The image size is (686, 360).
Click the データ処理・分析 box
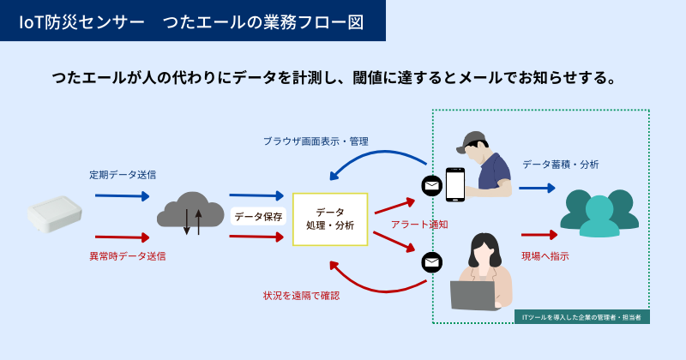[x=329, y=218]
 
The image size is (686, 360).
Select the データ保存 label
[x=258, y=217]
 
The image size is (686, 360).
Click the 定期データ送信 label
[x=123, y=175]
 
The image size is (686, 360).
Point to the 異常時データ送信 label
[x=128, y=255]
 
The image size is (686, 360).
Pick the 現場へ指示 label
[x=545, y=255]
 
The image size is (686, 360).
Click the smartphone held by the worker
[x=454, y=183]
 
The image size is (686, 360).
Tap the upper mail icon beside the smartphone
[x=430, y=184]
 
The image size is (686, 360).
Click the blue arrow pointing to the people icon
[x=536, y=187]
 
